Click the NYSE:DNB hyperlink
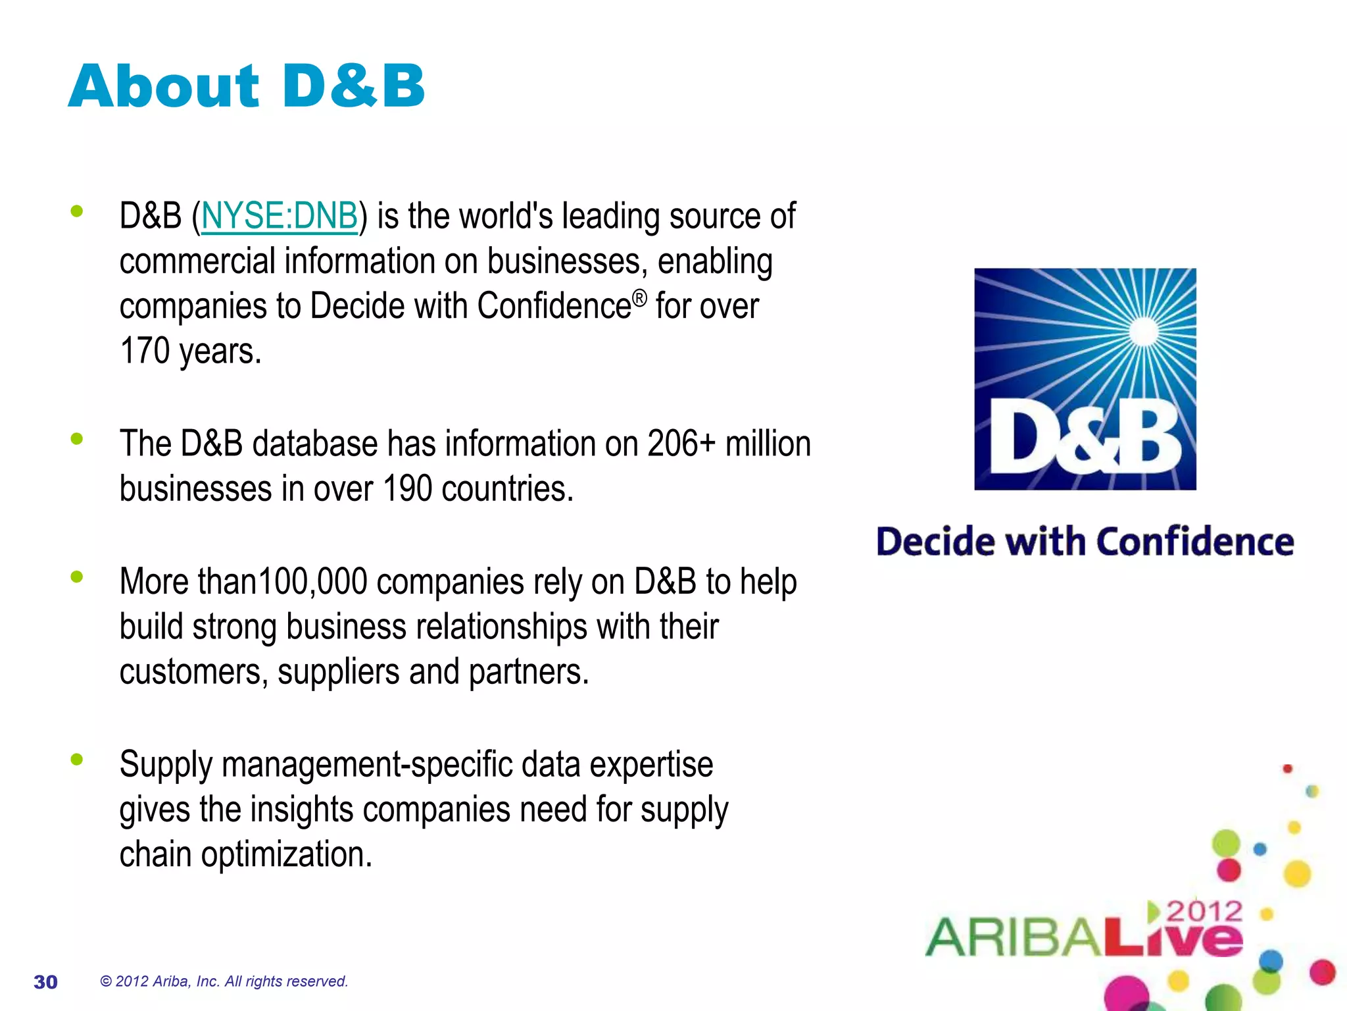[280, 217]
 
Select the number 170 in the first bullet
[145, 351]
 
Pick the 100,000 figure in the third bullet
[312, 582]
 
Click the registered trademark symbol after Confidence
[639, 299]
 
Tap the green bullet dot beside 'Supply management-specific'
[77, 760]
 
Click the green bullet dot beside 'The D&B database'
[77, 438]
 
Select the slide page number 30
[45, 982]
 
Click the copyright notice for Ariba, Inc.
[224, 981]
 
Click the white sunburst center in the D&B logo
[1144, 331]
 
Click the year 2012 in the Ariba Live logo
[1204, 912]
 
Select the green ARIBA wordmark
[1013, 937]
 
